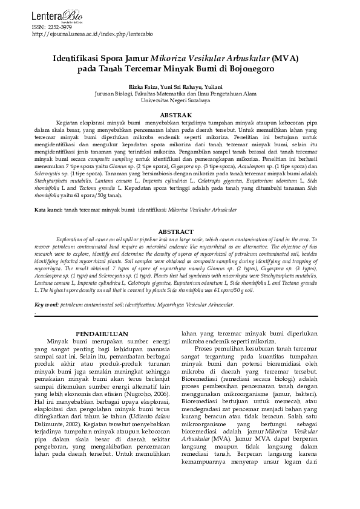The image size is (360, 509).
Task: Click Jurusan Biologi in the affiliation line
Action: pyautogui.click(x=114, y=94)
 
